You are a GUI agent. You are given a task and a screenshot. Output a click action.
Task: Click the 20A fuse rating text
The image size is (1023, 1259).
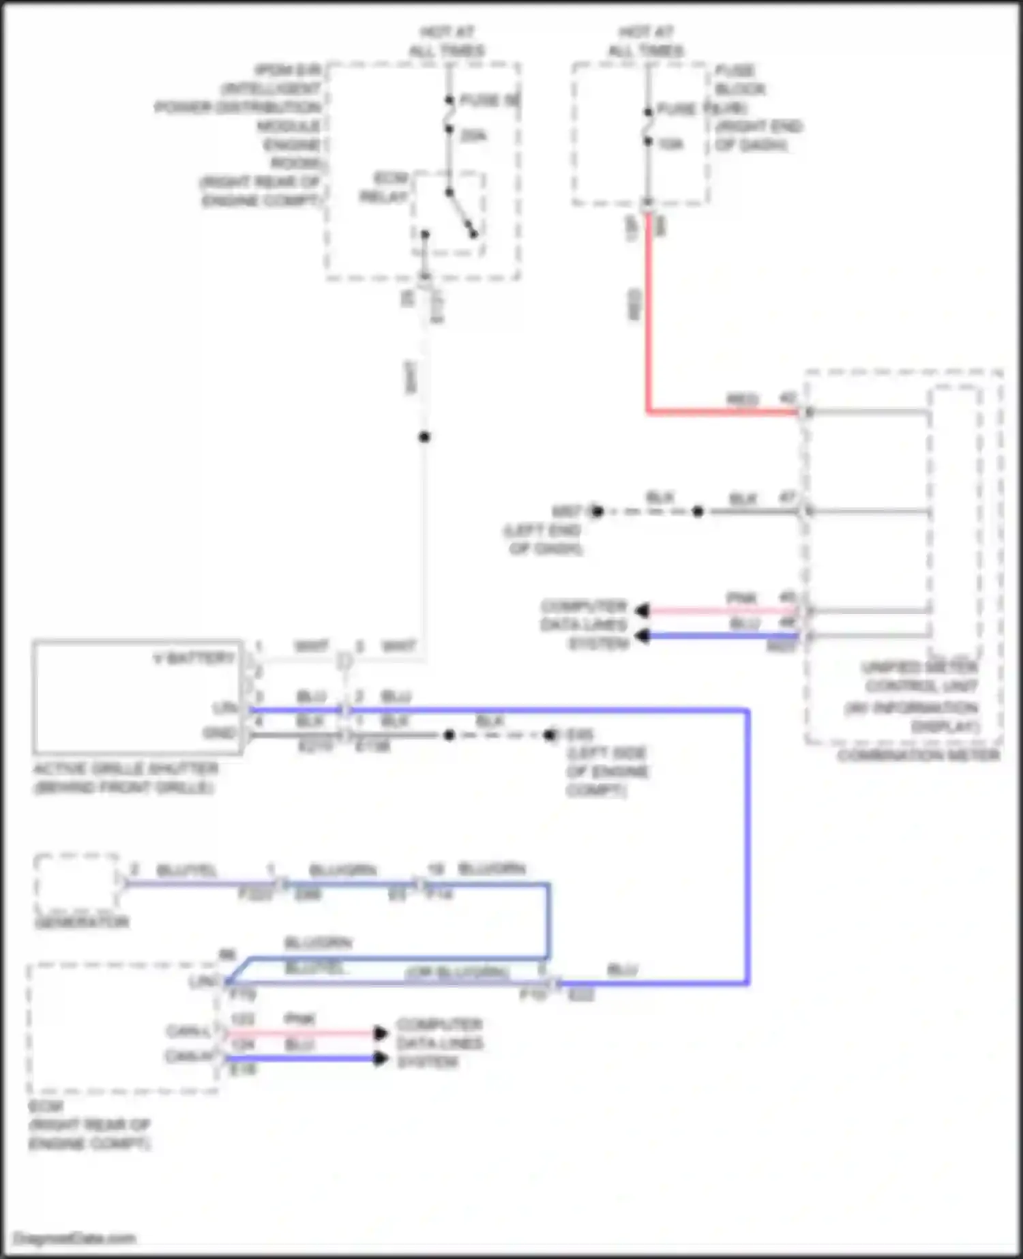[473, 136]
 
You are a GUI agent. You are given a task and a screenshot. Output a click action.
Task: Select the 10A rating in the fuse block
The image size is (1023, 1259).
[670, 144]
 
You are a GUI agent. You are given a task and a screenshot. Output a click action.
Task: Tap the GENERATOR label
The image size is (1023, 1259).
[81, 922]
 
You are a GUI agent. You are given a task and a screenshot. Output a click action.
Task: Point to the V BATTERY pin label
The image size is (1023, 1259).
[194, 658]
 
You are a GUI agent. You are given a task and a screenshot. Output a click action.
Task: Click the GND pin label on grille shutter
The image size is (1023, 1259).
[219, 733]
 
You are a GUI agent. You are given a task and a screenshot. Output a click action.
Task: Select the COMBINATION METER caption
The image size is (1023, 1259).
[918, 755]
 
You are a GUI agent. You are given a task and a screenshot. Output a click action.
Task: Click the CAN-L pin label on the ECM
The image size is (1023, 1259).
[188, 1031]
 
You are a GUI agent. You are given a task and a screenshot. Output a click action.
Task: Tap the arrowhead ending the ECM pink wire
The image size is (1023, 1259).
[381, 1033]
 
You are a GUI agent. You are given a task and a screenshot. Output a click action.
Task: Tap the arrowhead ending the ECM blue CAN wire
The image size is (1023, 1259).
[381, 1058]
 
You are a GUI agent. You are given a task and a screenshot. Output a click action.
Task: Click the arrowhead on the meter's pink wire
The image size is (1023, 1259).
[641, 610]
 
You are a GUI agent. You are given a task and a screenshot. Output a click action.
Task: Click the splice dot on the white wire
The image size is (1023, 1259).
[424, 436]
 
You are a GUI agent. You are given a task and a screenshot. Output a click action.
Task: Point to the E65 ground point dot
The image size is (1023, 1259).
[550, 735]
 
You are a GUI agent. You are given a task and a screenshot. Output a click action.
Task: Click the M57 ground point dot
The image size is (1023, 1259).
[597, 511]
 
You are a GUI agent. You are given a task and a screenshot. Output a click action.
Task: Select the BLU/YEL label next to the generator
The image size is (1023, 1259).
[186, 870]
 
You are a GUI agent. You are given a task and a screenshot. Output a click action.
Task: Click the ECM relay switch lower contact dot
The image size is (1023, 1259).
[473, 235]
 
